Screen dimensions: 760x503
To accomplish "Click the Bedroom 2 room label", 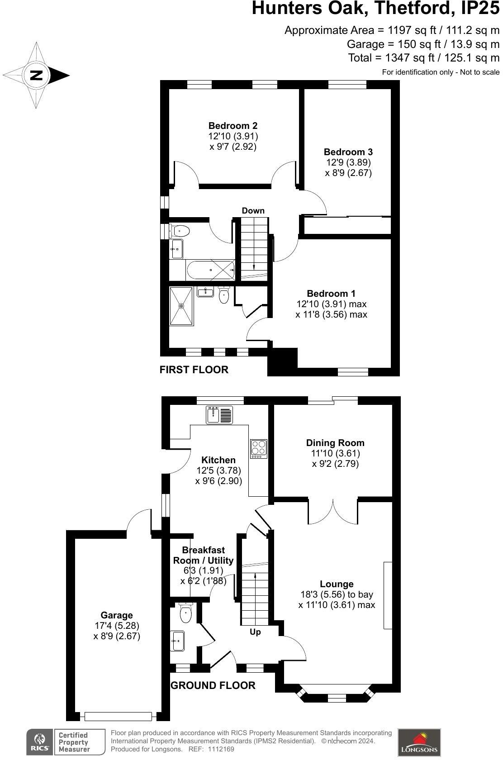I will tap(233, 126).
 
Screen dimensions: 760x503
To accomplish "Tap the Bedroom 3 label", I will tap(348, 152).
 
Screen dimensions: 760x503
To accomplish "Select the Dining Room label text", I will tap(335, 443).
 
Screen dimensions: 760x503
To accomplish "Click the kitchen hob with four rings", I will tap(259, 449).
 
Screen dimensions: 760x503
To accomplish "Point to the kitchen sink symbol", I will tap(219, 415).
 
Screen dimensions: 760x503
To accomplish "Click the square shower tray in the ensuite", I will tap(181, 306).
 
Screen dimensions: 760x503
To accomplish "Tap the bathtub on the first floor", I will tap(210, 270).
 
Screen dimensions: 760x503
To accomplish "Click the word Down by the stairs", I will tap(253, 211).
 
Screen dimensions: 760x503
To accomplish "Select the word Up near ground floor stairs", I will tap(255, 632).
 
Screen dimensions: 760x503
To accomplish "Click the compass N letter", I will tap(36, 75).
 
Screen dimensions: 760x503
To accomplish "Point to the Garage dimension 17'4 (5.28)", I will tap(117, 626).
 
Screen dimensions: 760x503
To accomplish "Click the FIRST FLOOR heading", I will tap(194, 370).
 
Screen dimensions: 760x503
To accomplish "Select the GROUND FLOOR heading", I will tap(213, 685).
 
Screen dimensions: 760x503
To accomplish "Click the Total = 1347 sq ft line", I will tap(423, 58).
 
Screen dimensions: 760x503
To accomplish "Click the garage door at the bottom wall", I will tap(118, 716).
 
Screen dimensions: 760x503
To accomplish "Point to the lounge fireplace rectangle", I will tap(388, 595).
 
